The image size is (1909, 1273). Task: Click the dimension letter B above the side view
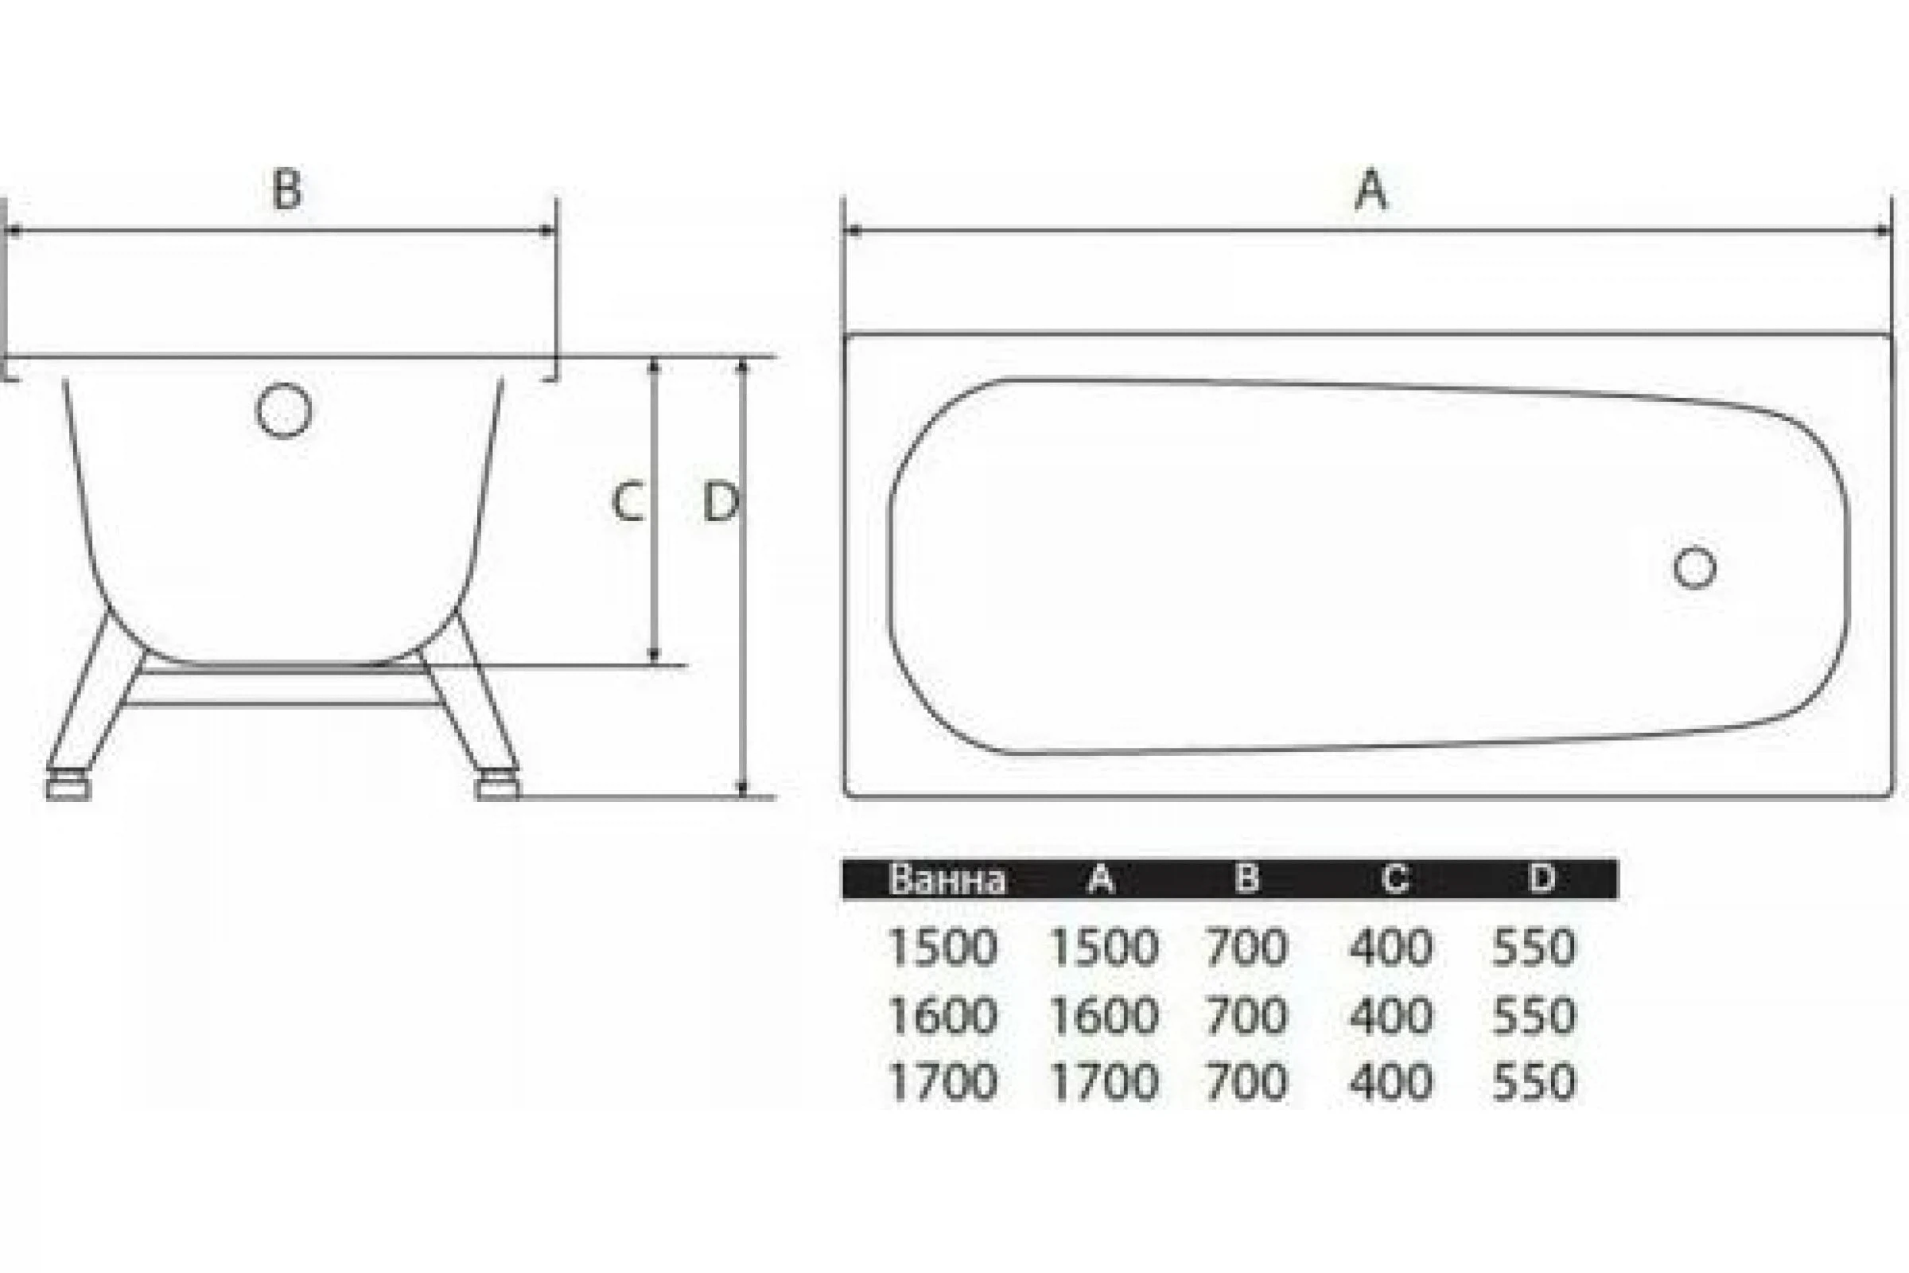point(286,189)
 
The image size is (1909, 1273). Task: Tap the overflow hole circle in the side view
point(284,410)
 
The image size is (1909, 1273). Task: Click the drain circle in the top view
point(1695,567)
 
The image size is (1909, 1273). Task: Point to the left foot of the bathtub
point(68,788)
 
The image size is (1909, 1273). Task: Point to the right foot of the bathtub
point(498,788)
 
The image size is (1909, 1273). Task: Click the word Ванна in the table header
point(947,879)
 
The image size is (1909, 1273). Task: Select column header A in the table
point(1101,878)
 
